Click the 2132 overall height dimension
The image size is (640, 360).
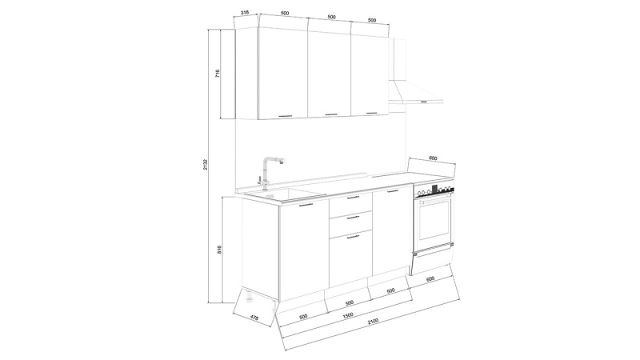click(206, 165)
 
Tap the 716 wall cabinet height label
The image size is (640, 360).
click(218, 74)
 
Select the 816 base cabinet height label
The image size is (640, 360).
click(219, 250)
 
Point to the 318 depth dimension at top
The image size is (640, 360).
click(245, 13)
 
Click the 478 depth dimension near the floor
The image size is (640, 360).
click(254, 317)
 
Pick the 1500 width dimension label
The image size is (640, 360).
click(348, 315)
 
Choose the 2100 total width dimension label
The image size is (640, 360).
click(373, 321)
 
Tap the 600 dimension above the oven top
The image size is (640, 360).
click(433, 158)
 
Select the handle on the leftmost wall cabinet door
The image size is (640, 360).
click(286, 116)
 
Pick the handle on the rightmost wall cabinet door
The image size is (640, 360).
click(372, 113)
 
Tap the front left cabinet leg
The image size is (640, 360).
click(248, 298)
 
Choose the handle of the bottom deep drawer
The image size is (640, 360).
click(352, 236)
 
